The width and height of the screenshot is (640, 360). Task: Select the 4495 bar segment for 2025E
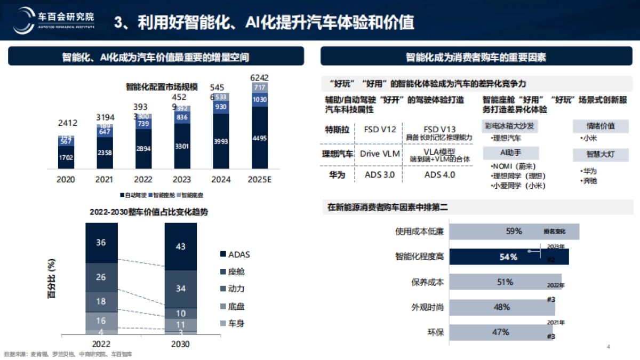click(259, 138)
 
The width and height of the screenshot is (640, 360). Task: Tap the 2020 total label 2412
click(67, 123)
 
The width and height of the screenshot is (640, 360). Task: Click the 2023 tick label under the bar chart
click(182, 180)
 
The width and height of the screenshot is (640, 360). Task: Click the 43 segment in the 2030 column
click(180, 246)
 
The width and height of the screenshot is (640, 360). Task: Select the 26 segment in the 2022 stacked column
click(101, 277)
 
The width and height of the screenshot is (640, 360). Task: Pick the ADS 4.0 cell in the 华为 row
click(439, 174)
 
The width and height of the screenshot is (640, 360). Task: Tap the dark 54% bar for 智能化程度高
click(508, 257)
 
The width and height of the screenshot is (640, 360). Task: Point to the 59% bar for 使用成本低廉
click(514, 231)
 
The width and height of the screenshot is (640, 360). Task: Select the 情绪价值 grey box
click(601, 126)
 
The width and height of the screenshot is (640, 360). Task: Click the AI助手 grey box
click(509, 153)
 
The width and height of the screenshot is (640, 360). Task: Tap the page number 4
click(609, 347)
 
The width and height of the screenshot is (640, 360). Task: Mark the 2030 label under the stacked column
click(180, 345)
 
